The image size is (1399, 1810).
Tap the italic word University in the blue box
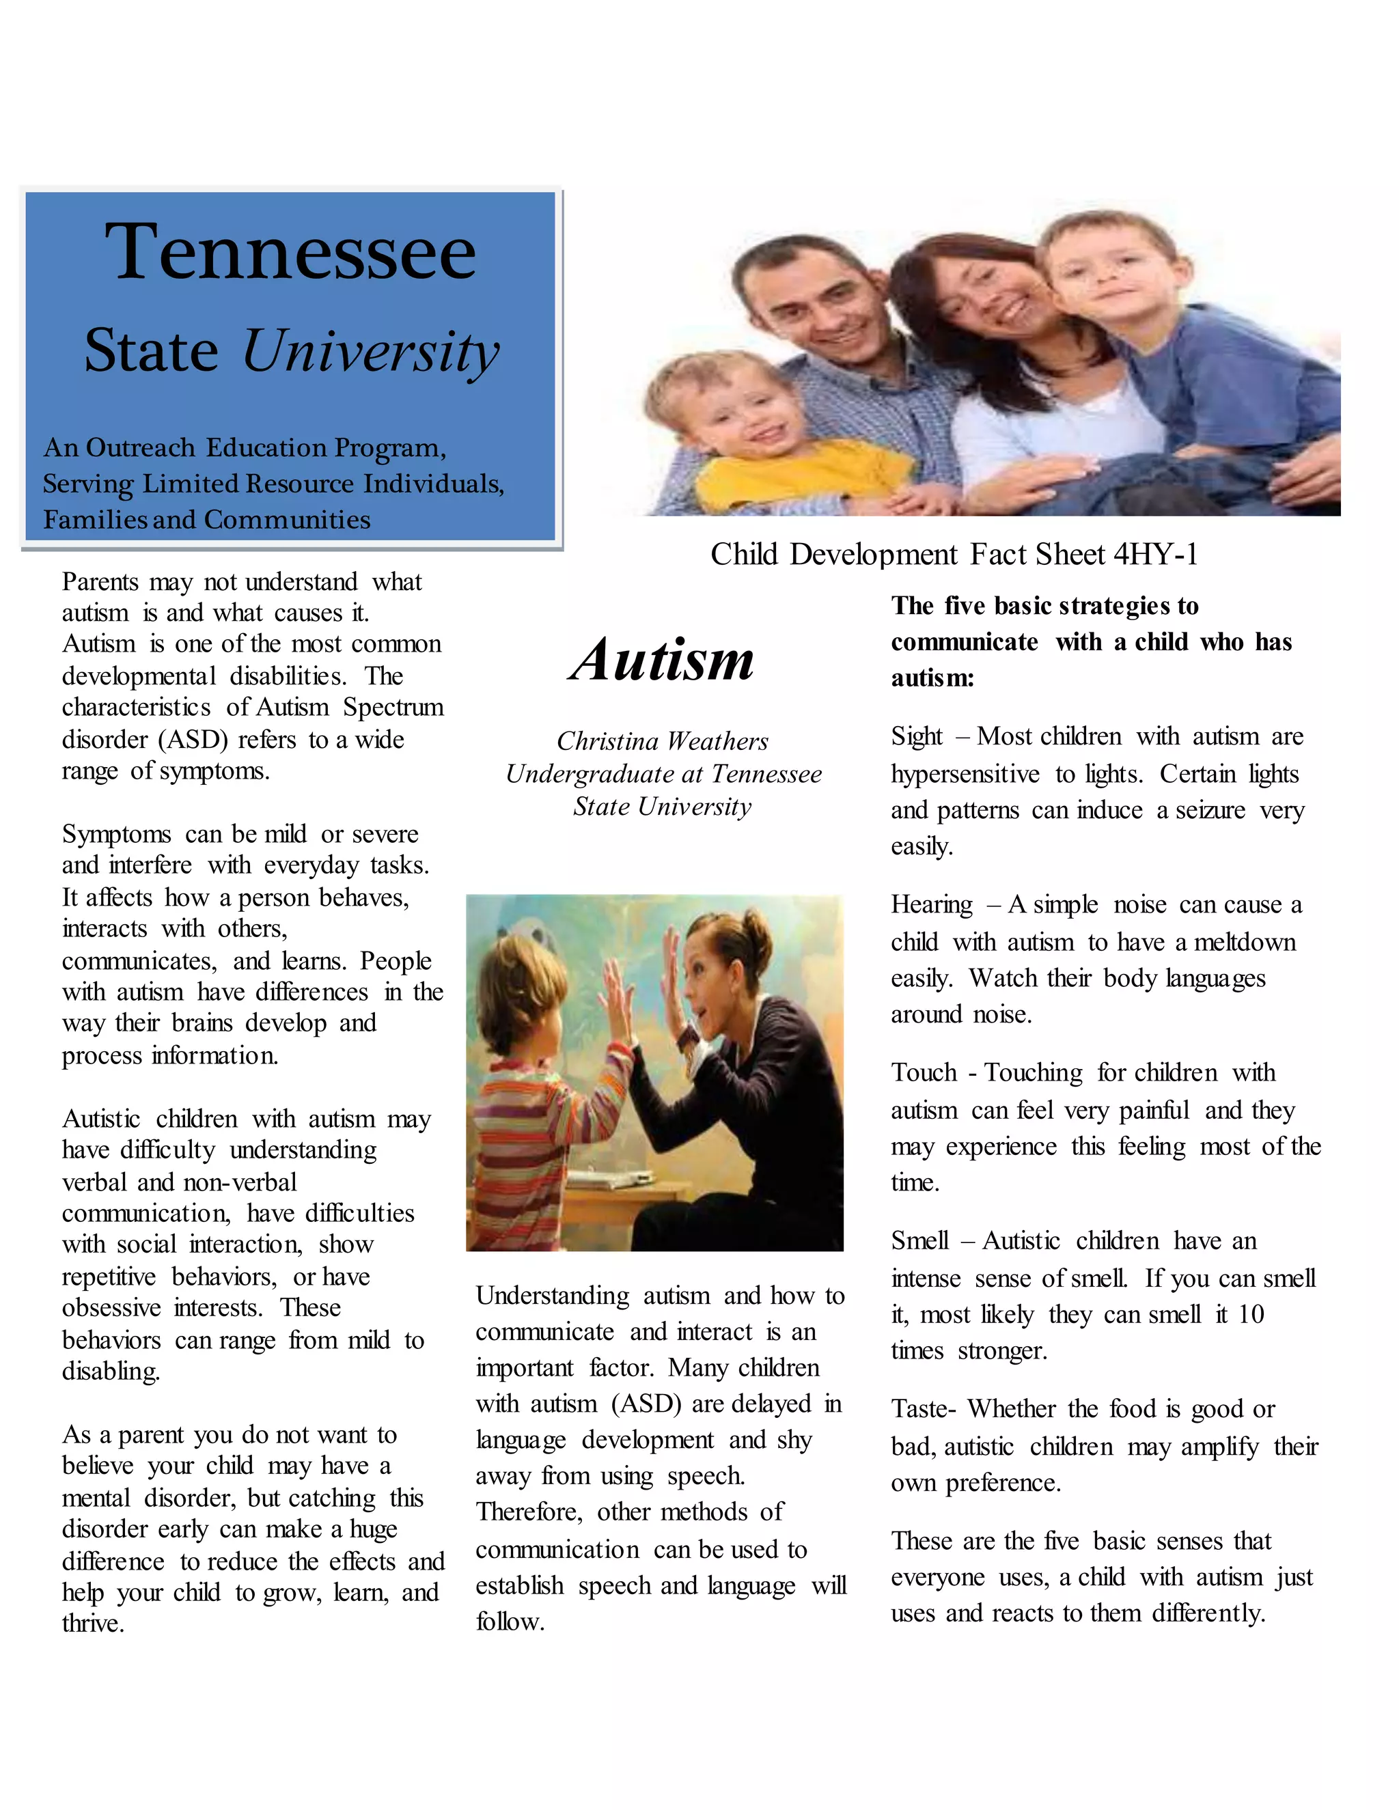pyautogui.click(x=370, y=350)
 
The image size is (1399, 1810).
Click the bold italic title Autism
pyautogui.click(x=661, y=660)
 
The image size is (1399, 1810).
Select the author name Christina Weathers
pyautogui.click(x=662, y=740)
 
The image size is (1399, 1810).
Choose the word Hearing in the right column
pyautogui.click(x=932, y=904)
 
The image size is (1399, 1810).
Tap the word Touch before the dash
pyautogui.click(x=924, y=1072)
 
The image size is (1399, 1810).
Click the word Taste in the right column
pyautogui.click(x=917, y=1409)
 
